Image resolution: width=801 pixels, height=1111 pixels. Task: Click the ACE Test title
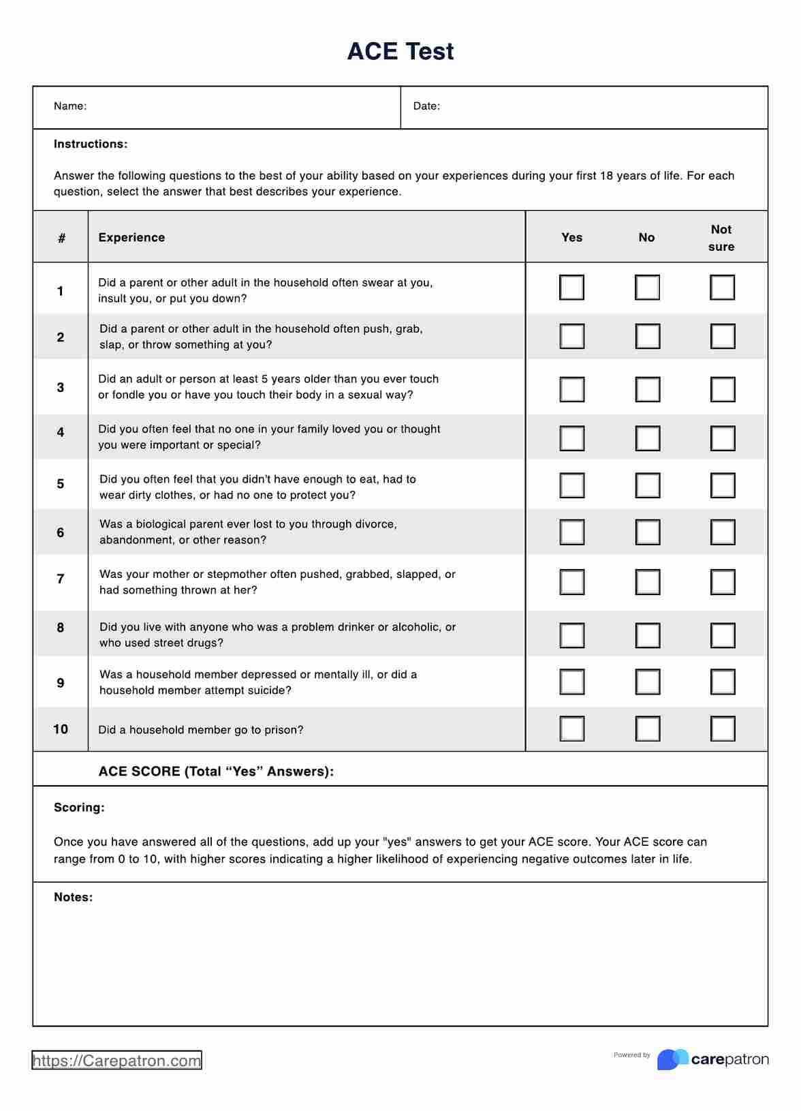pyautogui.click(x=400, y=52)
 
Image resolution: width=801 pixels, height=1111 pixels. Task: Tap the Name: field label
pyautogui.click(x=70, y=106)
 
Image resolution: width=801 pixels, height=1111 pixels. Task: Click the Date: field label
pyautogui.click(x=426, y=106)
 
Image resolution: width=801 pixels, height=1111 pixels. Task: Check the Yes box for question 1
pyautogui.click(x=571, y=288)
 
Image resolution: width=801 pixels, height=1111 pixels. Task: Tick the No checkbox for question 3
pyautogui.click(x=647, y=390)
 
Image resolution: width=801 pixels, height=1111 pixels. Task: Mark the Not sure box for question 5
pyautogui.click(x=722, y=485)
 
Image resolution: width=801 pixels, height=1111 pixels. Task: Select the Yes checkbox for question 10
pyautogui.click(x=571, y=729)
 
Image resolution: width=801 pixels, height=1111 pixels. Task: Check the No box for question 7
pyautogui.click(x=647, y=582)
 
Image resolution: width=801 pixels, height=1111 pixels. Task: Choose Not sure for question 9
pyautogui.click(x=722, y=682)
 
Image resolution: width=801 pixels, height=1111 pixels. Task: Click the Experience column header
pyautogui.click(x=131, y=237)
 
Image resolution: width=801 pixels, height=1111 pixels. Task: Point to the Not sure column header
pyautogui.click(x=721, y=238)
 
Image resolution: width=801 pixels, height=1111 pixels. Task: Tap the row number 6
pyautogui.click(x=61, y=532)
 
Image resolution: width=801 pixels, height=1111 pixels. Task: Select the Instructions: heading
pyautogui.click(x=91, y=144)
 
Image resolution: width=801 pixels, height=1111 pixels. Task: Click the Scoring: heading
pyautogui.click(x=79, y=808)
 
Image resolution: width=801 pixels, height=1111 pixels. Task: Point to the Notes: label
pyautogui.click(x=73, y=898)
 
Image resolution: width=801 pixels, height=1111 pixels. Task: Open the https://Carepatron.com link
pyautogui.click(x=116, y=1061)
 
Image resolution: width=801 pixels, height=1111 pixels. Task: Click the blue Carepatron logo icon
pyautogui.click(x=672, y=1059)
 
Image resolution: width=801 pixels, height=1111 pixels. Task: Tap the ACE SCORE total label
pyautogui.click(x=216, y=772)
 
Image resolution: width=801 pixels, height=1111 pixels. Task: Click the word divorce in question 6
pyautogui.click(x=375, y=524)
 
